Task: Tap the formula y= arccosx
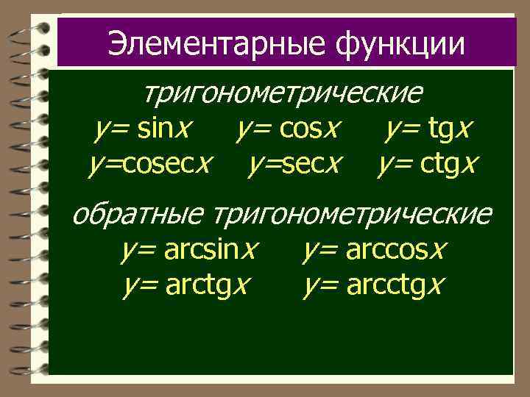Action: (x=374, y=251)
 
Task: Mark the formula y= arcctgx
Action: (x=372, y=284)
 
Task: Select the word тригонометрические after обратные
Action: (x=352, y=215)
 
